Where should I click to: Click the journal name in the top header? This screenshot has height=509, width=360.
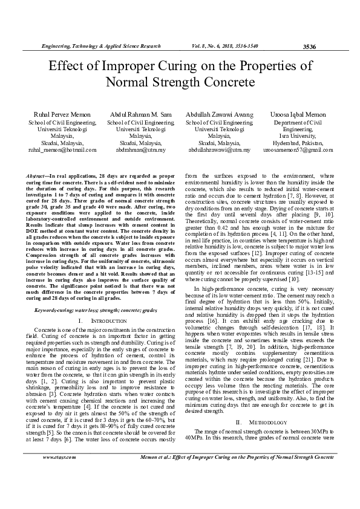click(100, 46)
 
